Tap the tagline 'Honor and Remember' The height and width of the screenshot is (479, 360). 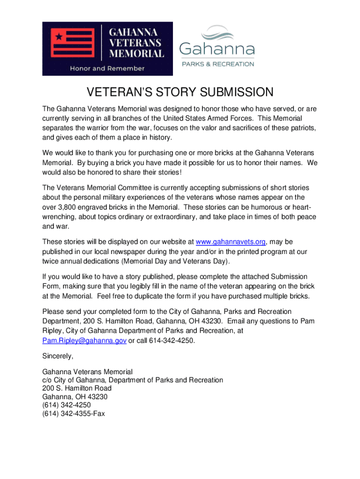pos(107,68)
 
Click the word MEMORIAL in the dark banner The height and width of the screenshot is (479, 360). pos(137,53)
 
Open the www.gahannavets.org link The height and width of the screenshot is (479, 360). pos(231,242)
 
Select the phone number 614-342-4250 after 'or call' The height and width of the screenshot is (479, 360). pos(171,341)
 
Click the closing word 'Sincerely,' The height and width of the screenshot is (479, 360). pos(58,356)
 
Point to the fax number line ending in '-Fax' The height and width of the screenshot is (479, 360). pos(73,414)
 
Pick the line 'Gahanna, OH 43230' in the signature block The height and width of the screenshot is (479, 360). pos(75,397)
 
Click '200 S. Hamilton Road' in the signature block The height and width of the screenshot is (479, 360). pos(77,388)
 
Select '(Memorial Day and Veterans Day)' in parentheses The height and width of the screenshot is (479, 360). pos(176,261)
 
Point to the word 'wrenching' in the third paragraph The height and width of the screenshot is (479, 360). pos(58,217)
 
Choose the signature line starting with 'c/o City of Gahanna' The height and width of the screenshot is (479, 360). pos(133,380)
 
